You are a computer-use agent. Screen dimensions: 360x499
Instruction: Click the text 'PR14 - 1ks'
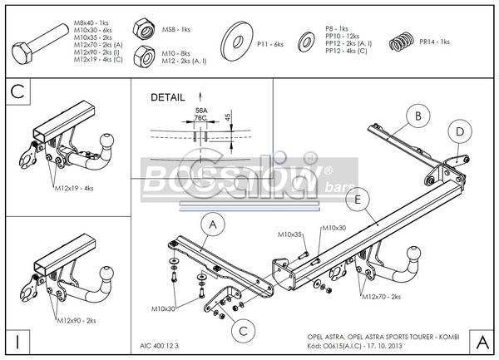tap(434, 42)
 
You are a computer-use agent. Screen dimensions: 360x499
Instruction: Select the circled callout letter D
tap(458, 131)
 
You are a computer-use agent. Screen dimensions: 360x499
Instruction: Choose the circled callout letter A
tap(212, 224)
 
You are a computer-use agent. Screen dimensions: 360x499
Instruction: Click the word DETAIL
tap(168, 97)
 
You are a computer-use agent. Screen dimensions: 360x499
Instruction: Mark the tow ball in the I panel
tap(104, 272)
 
